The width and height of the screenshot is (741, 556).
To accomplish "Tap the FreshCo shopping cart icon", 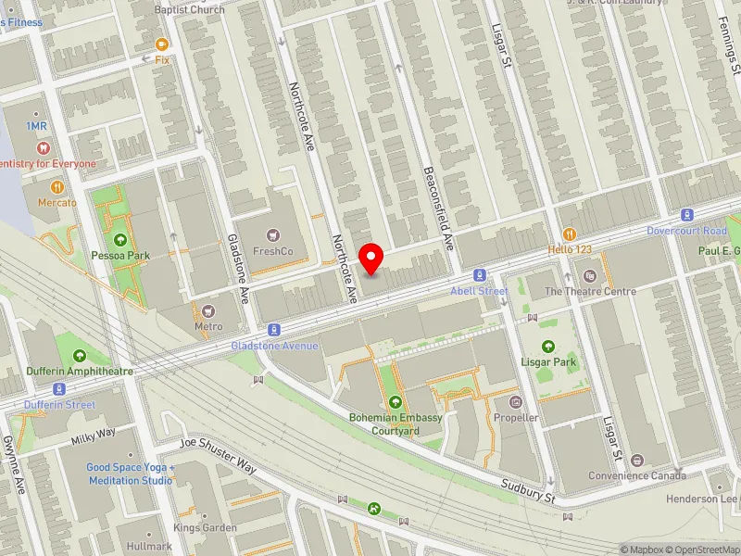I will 273,234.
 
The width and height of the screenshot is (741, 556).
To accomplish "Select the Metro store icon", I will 208,310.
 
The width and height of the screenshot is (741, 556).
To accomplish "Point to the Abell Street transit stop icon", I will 479,274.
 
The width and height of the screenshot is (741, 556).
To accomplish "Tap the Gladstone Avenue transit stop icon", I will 274,330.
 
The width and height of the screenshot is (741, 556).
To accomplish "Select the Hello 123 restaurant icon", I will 569,234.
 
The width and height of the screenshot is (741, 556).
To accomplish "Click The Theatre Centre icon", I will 590,275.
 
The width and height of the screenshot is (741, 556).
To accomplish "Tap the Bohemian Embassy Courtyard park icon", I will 396,401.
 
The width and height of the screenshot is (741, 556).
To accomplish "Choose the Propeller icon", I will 516,402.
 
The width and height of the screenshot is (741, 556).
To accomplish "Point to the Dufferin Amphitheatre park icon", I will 79,356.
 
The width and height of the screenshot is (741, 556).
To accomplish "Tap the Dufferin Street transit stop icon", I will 59,389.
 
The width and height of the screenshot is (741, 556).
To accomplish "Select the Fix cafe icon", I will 162,44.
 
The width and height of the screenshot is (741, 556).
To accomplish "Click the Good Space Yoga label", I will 130,474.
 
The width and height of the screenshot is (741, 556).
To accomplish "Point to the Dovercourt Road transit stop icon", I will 686,214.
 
